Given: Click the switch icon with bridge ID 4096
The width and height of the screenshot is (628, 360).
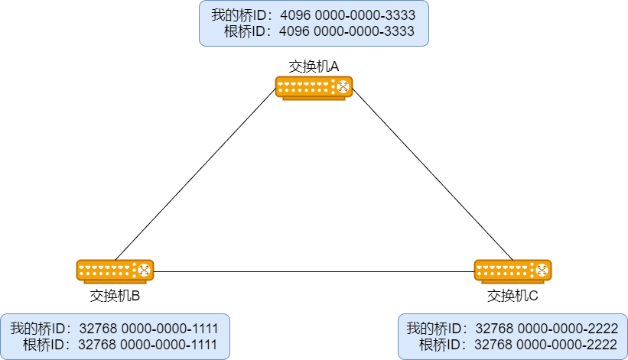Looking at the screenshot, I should pyautogui.click(x=314, y=87).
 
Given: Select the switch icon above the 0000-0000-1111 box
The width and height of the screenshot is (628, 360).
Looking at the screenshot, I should pyautogui.click(x=115, y=271).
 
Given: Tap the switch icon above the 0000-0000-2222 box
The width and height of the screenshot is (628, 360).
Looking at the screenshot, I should pyautogui.click(x=512, y=271).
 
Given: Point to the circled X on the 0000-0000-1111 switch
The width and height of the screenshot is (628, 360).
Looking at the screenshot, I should pyautogui.click(x=142, y=270).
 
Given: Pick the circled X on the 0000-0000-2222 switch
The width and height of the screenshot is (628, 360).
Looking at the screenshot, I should pyautogui.click(x=540, y=270).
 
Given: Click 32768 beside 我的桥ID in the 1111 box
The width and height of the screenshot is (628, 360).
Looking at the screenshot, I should pyautogui.click(x=97, y=329).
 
